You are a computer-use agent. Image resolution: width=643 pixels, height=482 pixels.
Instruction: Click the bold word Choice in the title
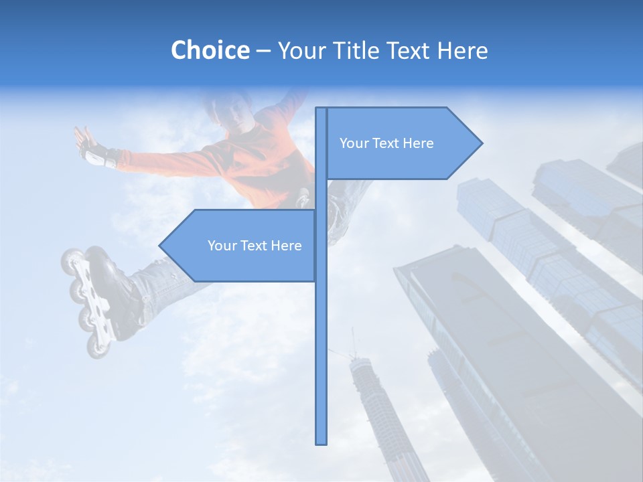pyautogui.click(x=210, y=50)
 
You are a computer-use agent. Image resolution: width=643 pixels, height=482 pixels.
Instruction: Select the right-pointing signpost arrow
pyautogui.click(x=402, y=143)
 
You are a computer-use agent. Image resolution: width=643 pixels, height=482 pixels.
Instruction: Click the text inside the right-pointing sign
pyautogui.click(x=386, y=143)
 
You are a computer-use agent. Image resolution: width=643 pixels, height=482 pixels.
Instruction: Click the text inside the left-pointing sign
pyautogui.click(x=255, y=246)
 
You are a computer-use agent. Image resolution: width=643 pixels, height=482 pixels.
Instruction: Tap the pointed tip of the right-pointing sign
pyautogui.click(x=481, y=143)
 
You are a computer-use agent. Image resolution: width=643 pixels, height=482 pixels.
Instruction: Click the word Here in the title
pyautogui.click(x=462, y=50)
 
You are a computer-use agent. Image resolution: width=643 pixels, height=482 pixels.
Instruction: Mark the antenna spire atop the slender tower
pyautogui.click(x=354, y=341)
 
